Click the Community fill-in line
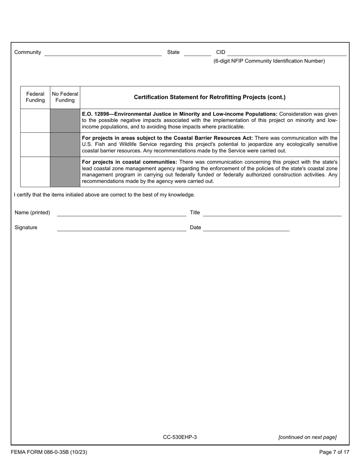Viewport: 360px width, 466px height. pyautogui.click(x=103, y=53)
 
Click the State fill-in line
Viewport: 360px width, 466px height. pyautogui.click(x=197, y=53)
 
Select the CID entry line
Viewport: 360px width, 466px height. pyautogui.click(x=287, y=53)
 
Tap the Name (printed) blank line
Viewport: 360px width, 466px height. pyautogui.click(x=121, y=213)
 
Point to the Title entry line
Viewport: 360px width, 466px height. pyautogui.click(x=272, y=213)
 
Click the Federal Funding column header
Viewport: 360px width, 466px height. pyautogui.click(x=35, y=97)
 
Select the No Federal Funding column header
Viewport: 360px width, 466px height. pyautogui.click(x=65, y=97)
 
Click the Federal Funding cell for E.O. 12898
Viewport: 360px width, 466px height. pyautogui.click(x=35, y=120)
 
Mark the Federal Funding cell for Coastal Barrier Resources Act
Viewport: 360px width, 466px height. pyautogui.click(x=35, y=144)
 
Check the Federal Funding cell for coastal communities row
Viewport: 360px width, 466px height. pyautogui.click(x=35, y=172)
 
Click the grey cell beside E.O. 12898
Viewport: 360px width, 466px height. pyautogui.click(x=65, y=120)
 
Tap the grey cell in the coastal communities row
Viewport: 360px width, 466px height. pyautogui.click(x=65, y=172)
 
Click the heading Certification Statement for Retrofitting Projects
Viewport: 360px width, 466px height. pyautogui.click(x=210, y=97)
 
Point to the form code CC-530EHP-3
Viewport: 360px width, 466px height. pyautogui.click(x=180, y=437)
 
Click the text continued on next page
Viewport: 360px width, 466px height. pyautogui.click(x=307, y=437)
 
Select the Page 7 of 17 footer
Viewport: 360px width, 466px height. pyautogui.click(x=334, y=452)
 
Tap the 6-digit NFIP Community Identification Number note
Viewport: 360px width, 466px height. pyautogui.click(x=269, y=61)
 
